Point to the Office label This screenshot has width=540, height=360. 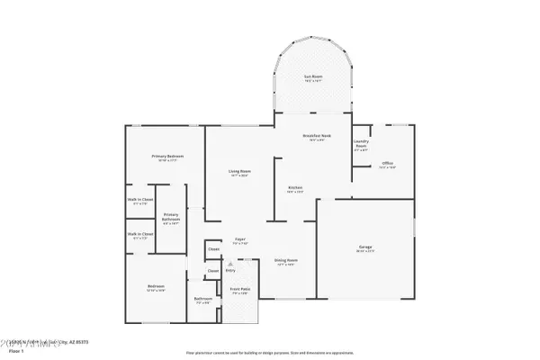tap(388, 163)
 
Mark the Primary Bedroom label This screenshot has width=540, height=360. tap(167, 157)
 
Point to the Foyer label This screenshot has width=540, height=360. tap(239, 240)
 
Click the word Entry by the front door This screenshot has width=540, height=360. tap(230, 269)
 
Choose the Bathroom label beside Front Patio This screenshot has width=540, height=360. tap(202, 299)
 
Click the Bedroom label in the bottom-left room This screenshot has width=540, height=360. tap(156, 287)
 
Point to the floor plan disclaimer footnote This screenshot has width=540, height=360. tap(269, 352)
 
